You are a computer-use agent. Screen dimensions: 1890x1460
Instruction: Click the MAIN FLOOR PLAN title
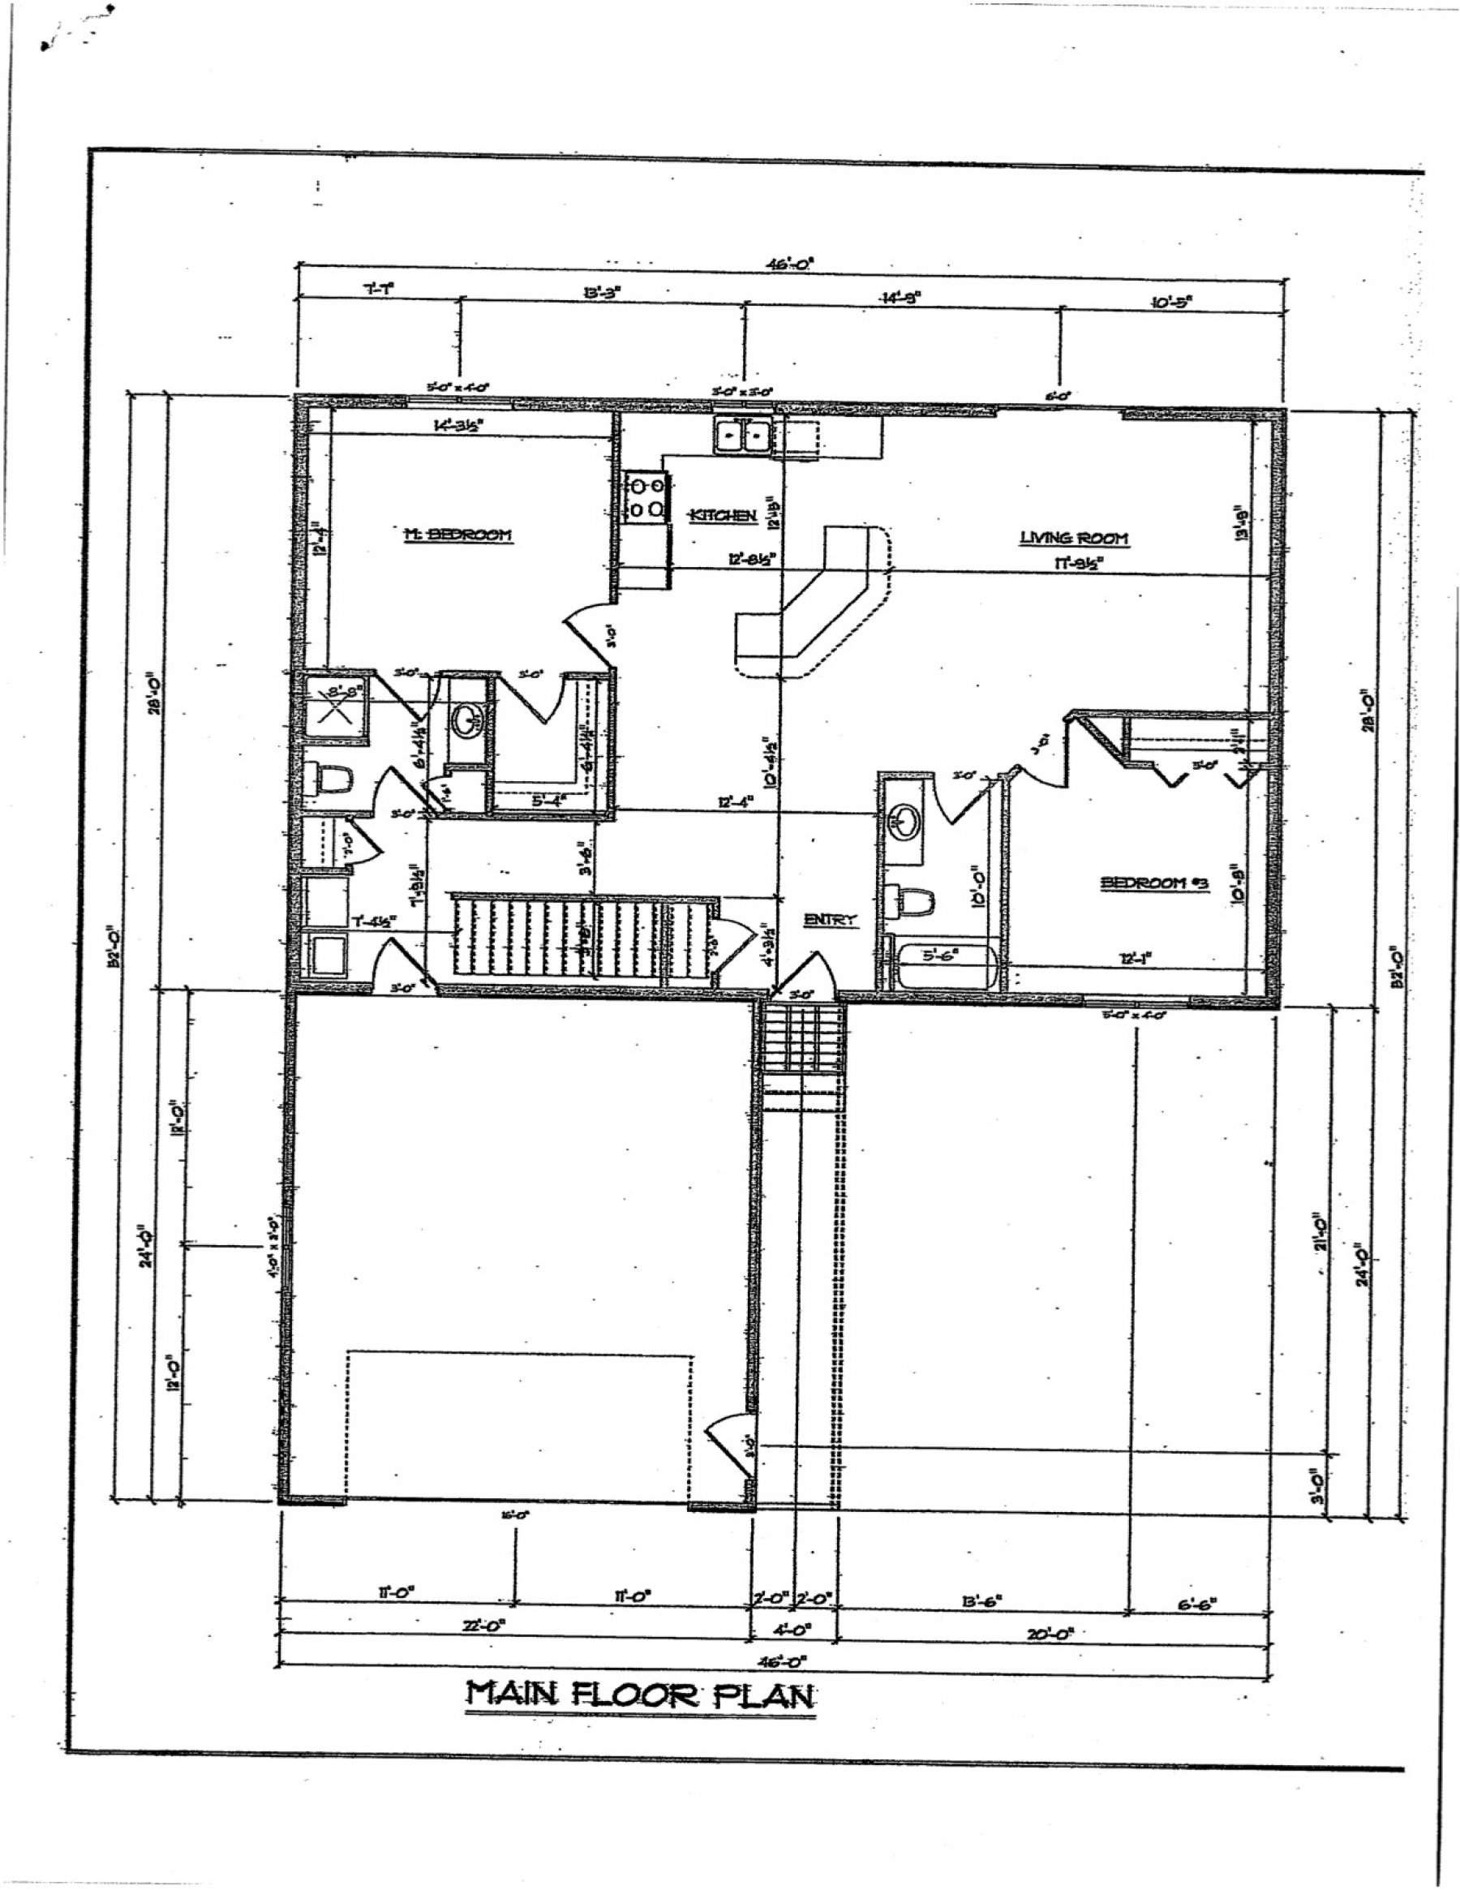(x=641, y=1695)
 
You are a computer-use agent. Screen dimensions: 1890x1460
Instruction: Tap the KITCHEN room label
(x=723, y=516)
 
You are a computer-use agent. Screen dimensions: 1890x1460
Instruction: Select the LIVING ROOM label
(x=1073, y=539)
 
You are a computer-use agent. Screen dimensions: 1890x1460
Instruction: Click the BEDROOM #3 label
(x=1153, y=883)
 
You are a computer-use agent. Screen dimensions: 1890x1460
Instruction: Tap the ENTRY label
(x=830, y=920)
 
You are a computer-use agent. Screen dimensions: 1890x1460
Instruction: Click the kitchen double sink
(x=742, y=435)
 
